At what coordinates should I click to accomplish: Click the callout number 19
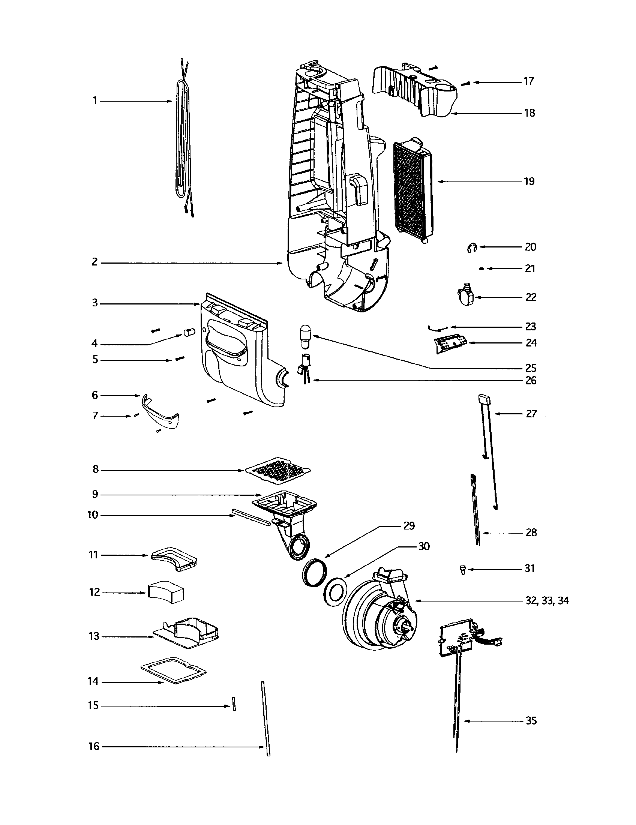tap(529, 181)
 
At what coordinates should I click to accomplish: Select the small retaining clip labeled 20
tap(472, 248)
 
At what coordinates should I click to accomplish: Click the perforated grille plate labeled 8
tap(277, 470)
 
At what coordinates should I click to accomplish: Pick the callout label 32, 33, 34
tap(547, 601)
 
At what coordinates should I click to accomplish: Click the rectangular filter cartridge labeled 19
tap(412, 188)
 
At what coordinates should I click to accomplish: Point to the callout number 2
tap(94, 262)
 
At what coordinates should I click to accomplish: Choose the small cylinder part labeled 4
tap(188, 332)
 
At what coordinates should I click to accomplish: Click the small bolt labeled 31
tap(462, 569)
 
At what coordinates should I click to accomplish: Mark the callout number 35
tap(531, 721)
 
